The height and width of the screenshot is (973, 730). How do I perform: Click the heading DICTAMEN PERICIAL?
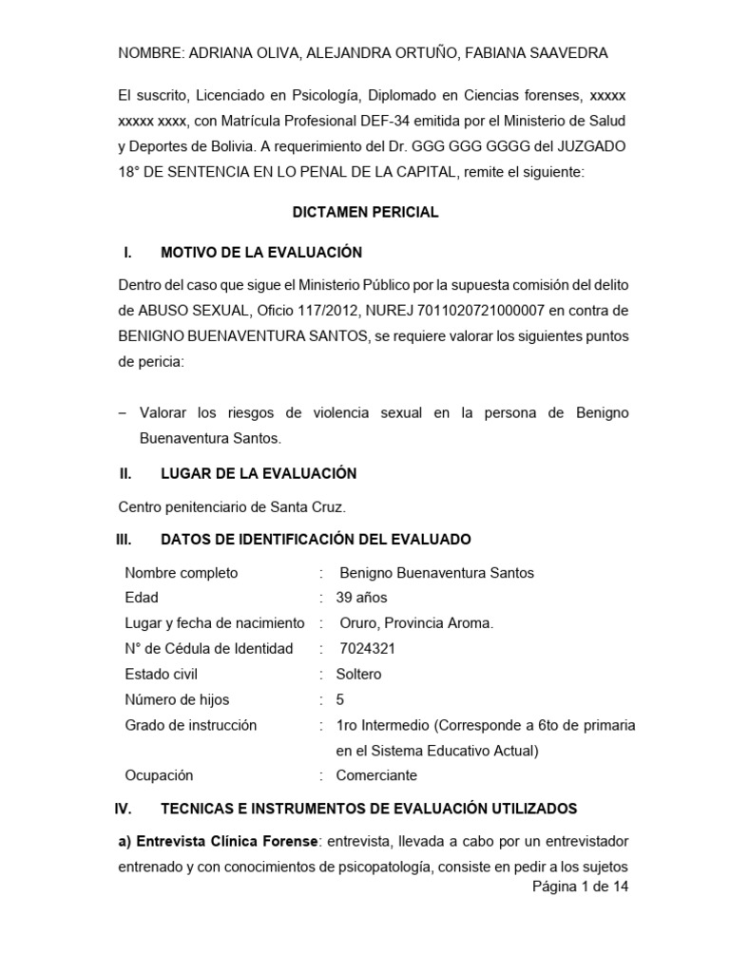365,212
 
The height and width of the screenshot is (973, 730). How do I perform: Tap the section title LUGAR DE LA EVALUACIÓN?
259,473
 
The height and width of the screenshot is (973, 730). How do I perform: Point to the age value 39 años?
361,598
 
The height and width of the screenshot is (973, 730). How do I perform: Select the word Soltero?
358,674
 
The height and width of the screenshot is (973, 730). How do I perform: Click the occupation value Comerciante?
376,775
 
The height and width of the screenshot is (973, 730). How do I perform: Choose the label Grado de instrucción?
191,725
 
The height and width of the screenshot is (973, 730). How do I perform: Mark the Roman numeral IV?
122,809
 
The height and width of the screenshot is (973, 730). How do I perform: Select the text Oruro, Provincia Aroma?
416,623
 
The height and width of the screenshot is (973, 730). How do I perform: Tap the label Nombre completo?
182,572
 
